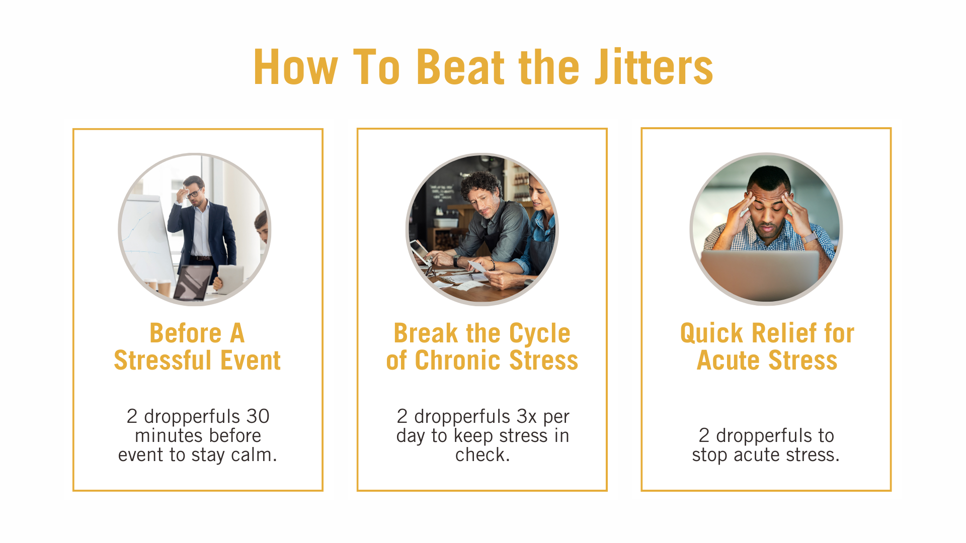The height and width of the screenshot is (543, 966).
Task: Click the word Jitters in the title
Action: [x=654, y=67]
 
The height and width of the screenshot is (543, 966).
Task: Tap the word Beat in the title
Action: [x=461, y=67]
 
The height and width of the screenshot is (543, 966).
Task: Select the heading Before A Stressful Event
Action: [x=197, y=346]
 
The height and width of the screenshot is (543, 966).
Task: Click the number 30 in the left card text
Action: [x=258, y=416]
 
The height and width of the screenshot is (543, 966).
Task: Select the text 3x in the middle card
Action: [x=527, y=416]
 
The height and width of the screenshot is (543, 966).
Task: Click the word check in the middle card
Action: [x=480, y=455]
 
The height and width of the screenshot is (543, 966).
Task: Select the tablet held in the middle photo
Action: [x=420, y=251]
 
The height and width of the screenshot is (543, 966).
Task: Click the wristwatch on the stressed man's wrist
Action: [x=810, y=237]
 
